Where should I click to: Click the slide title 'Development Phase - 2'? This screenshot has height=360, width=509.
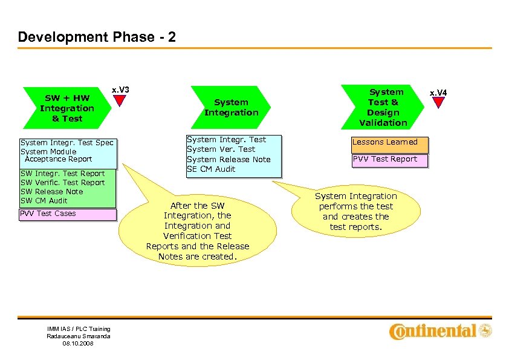pyautogui.click(x=97, y=37)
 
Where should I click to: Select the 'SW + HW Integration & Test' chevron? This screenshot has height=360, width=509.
pyautogui.click(x=67, y=108)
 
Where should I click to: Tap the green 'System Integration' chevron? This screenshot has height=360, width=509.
pyautogui.click(x=231, y=108)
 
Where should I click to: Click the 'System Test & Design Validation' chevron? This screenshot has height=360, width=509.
pyautogui.click(x=383, y=107)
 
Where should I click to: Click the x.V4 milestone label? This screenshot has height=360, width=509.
pyautogui.click(x=438, y=92)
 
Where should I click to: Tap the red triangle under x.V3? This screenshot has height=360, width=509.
pyautogui.click(x=120, y=100)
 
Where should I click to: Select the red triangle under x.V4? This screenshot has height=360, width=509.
pyautogui.click(x=438, y=103)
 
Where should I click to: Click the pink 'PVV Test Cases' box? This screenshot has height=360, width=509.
pyautogui.click(x=66, y=214)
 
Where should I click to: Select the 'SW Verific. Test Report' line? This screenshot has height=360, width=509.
pyautogui.click(x=63, y=183)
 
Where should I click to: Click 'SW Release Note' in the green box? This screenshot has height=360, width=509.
pyautogui.click(x=52, y=192)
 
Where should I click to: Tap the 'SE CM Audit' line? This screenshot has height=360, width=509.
pyautogui.click(x=211, y=169)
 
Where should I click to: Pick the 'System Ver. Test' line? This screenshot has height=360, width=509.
pyautogui.click(x=221, y=149)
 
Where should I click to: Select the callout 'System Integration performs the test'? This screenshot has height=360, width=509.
pyautogui.click(x=355, y=212)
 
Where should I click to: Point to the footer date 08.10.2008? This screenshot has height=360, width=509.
pyautogui.click(x=79, y=343)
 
